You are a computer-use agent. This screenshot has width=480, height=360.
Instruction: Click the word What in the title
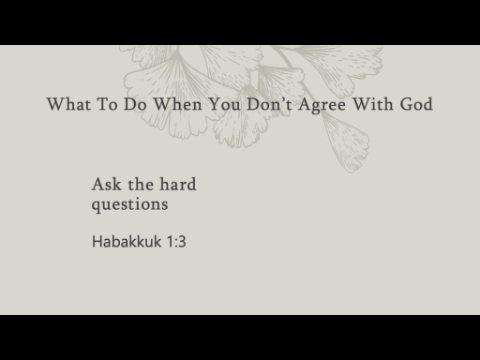69,104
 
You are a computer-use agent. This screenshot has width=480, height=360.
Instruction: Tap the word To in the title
107,104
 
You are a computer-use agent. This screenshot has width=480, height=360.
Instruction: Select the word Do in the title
135,104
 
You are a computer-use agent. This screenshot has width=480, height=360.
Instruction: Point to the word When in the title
178,104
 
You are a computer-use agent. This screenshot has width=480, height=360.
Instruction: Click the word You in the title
224,104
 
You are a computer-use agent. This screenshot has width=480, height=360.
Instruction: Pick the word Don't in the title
269,104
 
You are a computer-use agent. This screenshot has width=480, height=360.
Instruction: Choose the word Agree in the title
322,105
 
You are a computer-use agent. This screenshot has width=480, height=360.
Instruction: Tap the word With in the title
373,104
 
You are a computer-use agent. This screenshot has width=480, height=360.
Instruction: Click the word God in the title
416,104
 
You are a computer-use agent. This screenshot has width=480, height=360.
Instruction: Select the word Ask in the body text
107,184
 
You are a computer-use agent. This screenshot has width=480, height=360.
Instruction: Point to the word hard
178,184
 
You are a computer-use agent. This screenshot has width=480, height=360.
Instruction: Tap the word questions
130,205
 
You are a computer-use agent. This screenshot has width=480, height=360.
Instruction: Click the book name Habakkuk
127,241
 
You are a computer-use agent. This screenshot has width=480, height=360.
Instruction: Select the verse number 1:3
176,242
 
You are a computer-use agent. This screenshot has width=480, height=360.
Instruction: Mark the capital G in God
406,104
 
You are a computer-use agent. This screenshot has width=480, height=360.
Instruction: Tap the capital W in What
58,104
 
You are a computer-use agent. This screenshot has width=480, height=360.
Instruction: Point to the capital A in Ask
99,184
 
